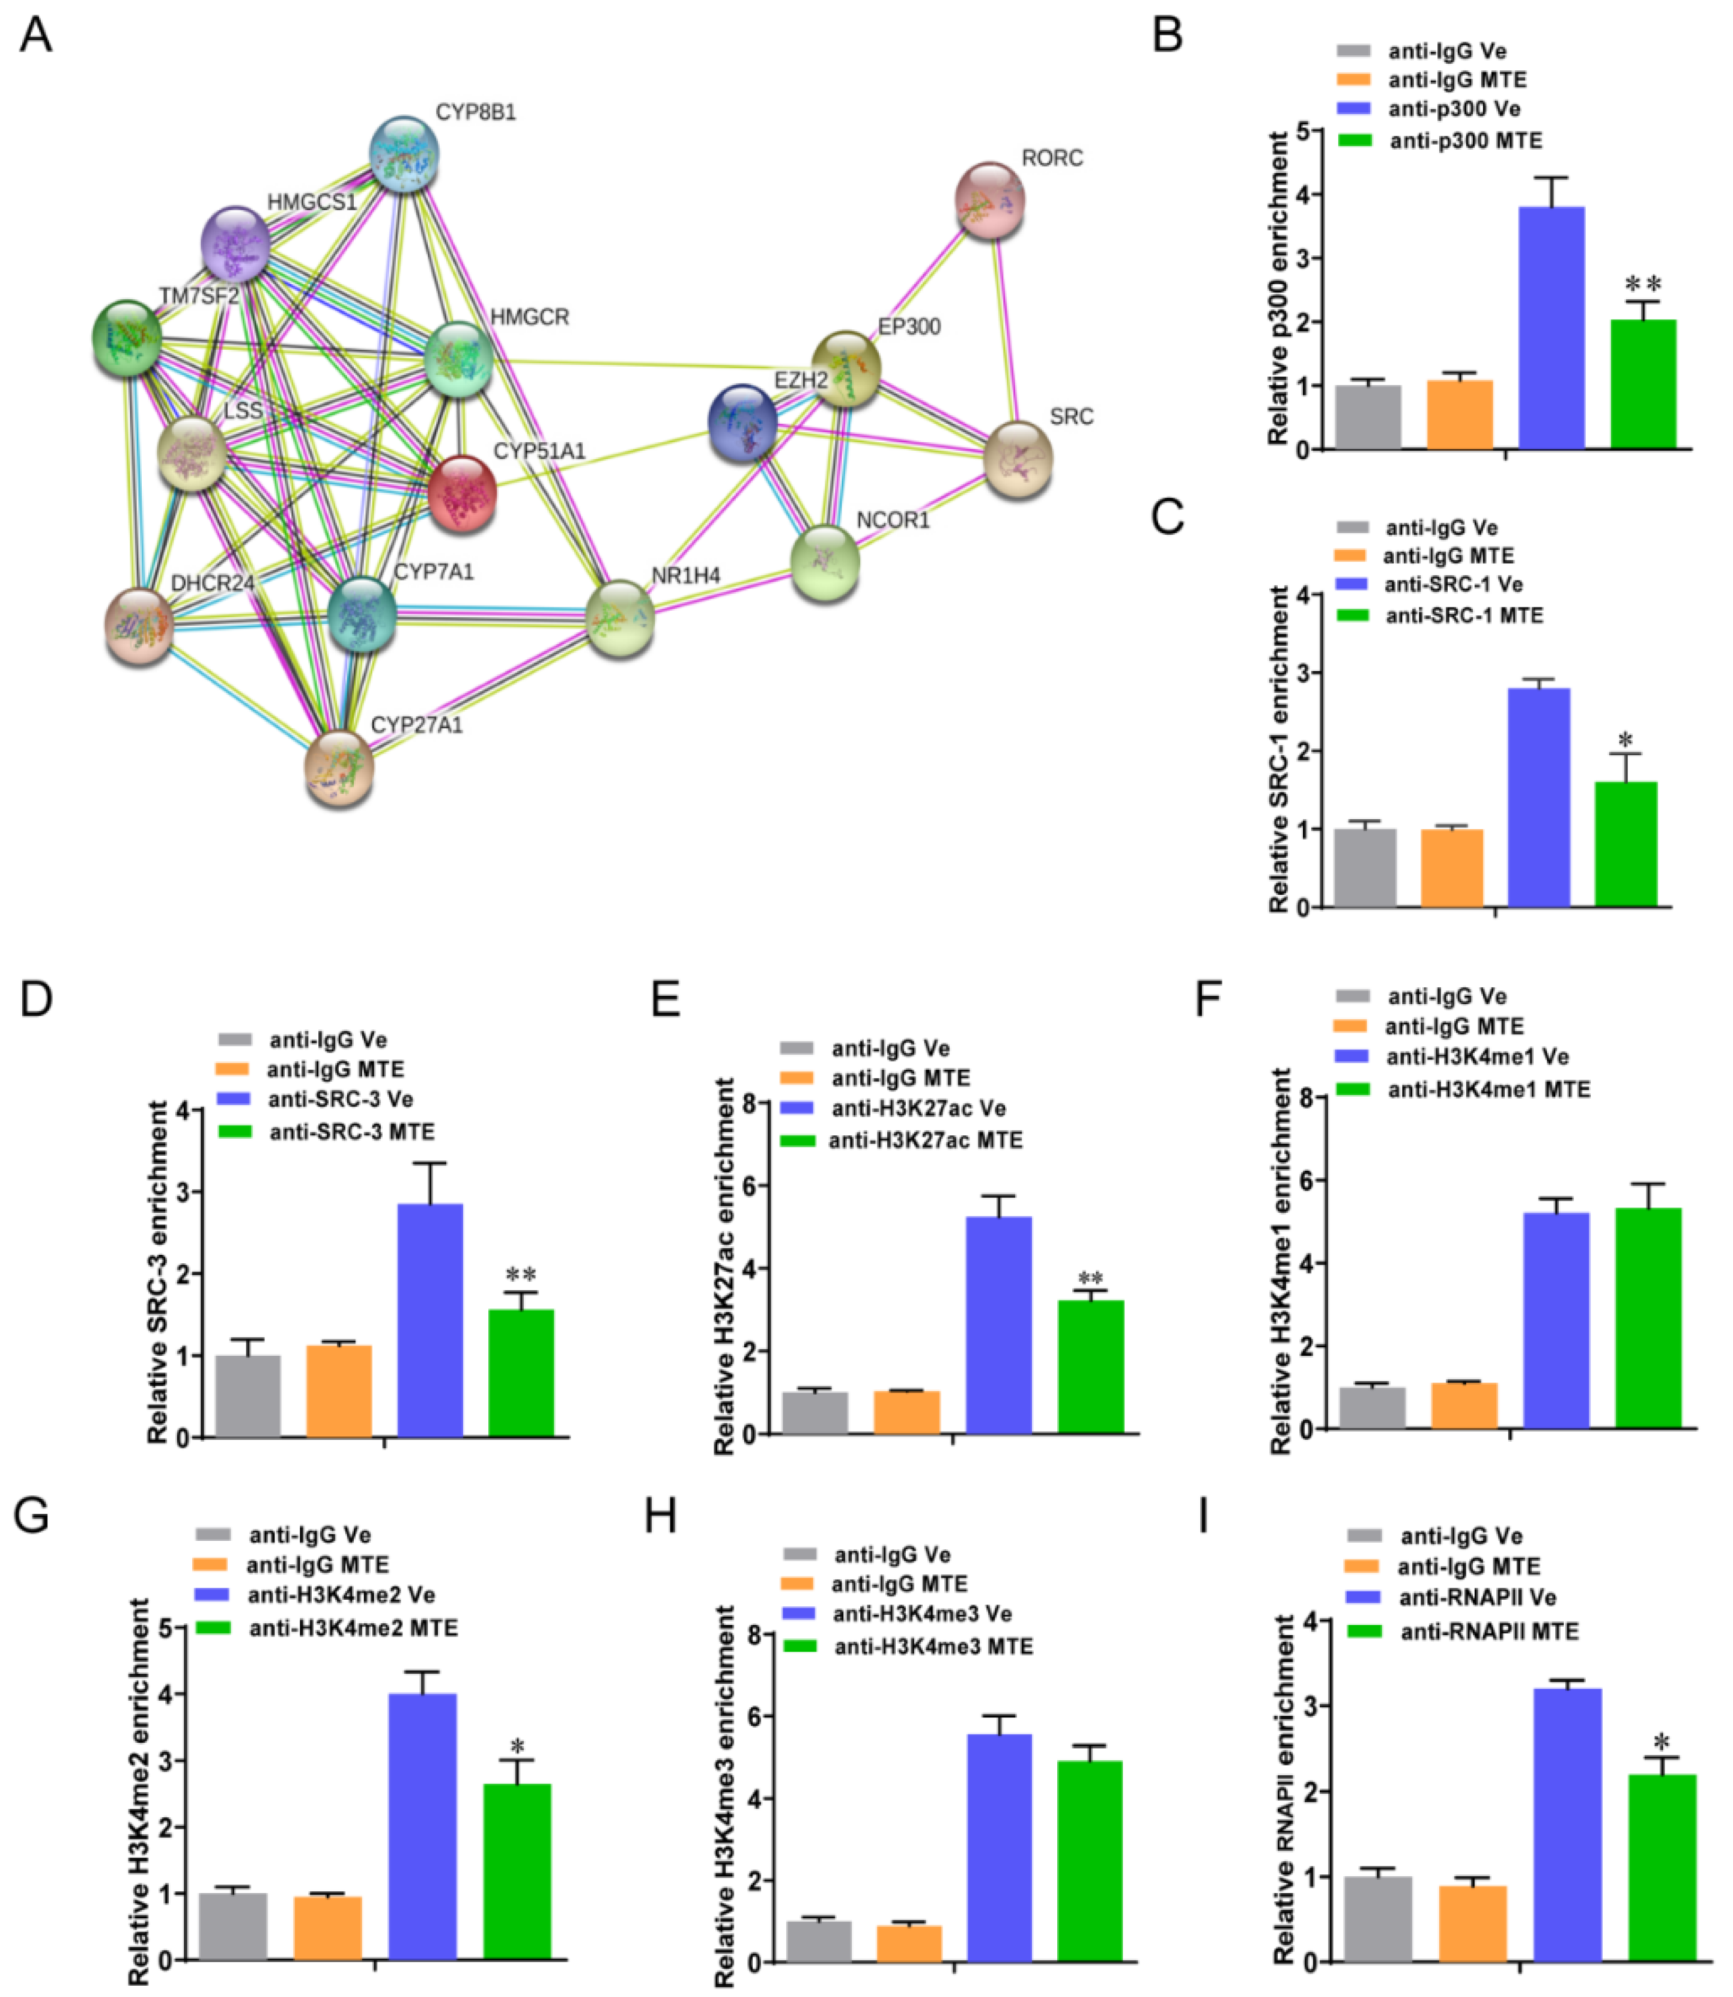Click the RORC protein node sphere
coord(989,200)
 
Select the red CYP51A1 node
coord(463,493)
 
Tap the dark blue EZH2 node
coord(742,423)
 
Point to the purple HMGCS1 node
coord(235,244)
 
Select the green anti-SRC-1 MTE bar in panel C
coord(1625,844)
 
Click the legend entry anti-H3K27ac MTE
coord(926,1141)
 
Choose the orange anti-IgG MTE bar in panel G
coord(328,1926)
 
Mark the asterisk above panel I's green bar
coord(1662,1743)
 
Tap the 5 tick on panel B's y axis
coord(1305,130)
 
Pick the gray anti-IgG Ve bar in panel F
coord(1372,1408)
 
